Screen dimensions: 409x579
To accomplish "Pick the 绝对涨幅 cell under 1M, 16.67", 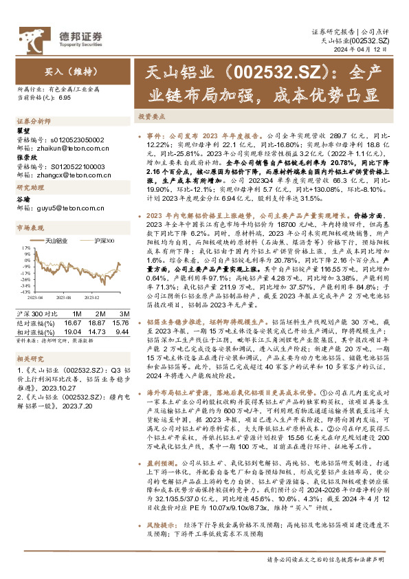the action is (x=72, y=322).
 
